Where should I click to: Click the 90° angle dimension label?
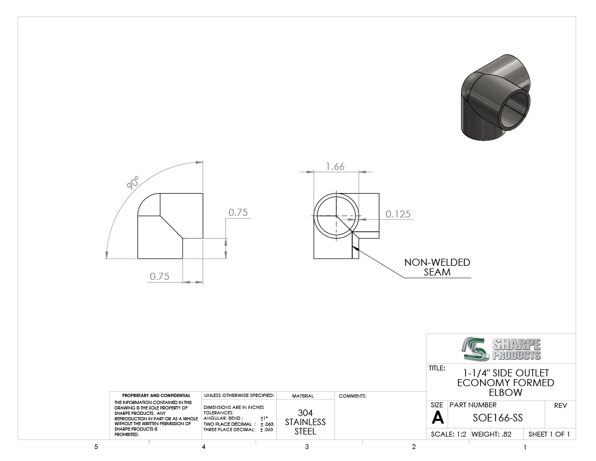(x=133, y=183)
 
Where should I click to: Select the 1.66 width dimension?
(x=335, y=166)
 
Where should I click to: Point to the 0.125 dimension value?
(x=398, y=214)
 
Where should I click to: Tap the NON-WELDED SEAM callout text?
(x=437, y=267)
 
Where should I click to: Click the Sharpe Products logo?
(x=501, y=349)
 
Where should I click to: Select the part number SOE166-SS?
(x=497, y=418)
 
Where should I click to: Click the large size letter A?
(x=437, y=418)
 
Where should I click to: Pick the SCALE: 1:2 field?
(x=449, y=434)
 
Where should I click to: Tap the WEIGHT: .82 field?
(x=491, y=434)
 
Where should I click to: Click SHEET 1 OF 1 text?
(x=549, y=434)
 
